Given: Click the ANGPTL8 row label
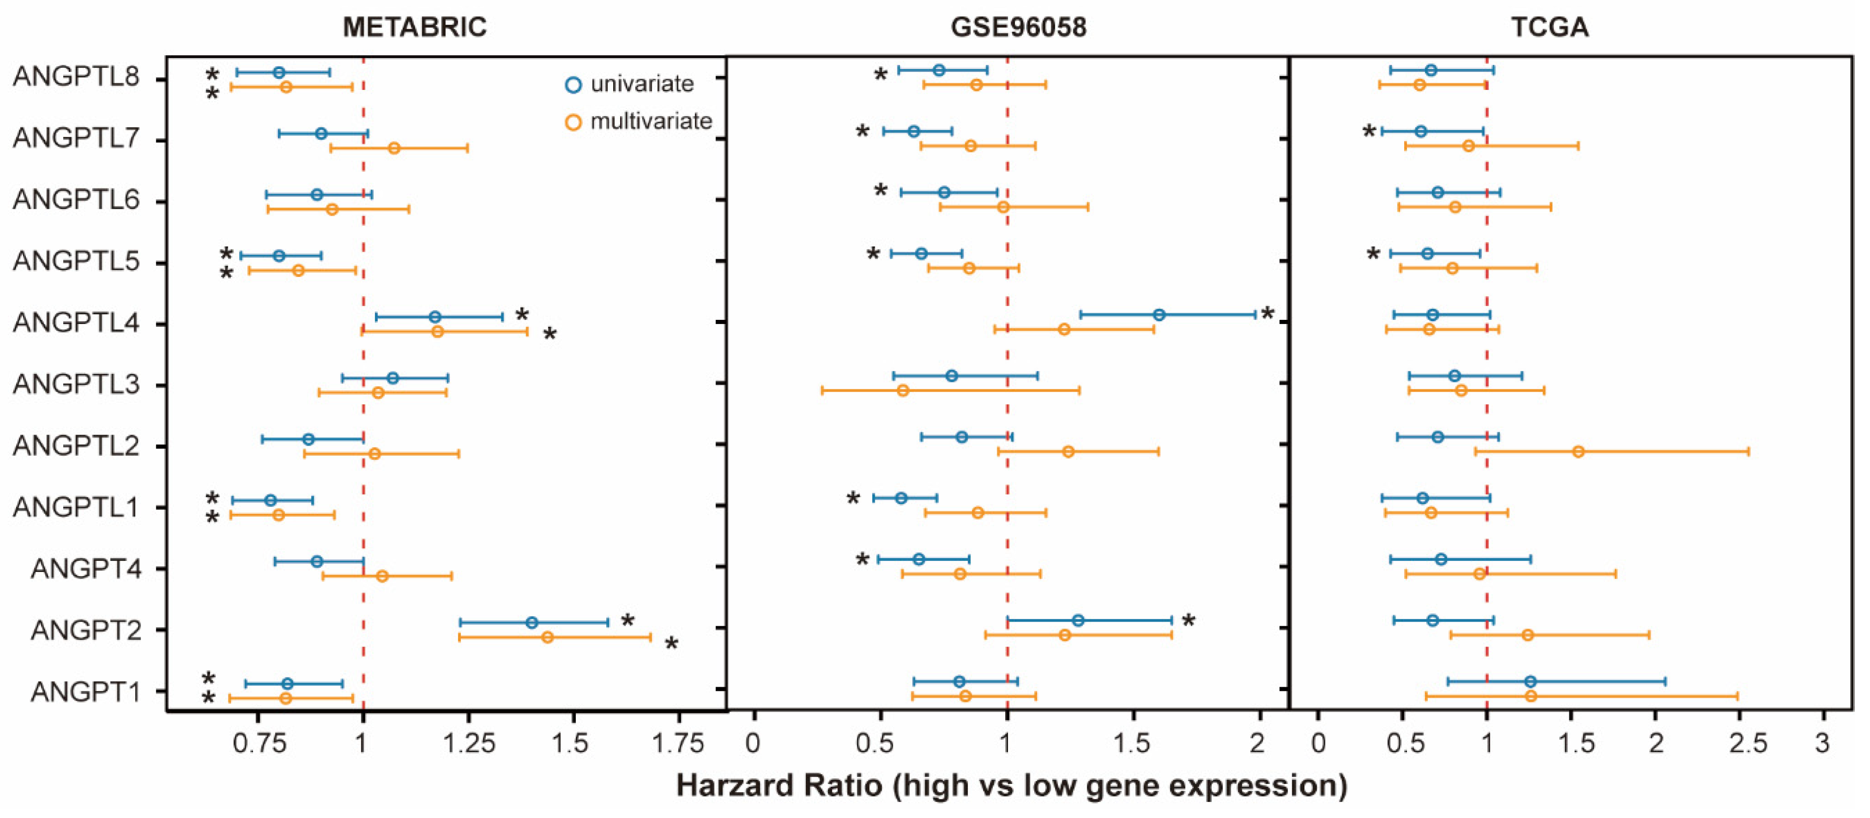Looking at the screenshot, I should click(76, 77).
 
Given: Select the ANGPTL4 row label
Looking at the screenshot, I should click(76, 322).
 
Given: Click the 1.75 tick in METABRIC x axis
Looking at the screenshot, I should click(677, 744).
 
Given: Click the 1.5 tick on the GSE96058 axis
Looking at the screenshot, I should click(1132, 744).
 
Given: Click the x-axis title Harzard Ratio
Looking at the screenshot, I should click(1011, 785).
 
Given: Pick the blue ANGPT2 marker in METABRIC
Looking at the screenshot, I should click(531, 623).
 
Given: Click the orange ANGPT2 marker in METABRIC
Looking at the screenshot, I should click(547, 637).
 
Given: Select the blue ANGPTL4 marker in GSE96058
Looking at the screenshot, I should click(1159, 315).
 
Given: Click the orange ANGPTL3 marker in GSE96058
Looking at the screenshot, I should click(903, 390).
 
